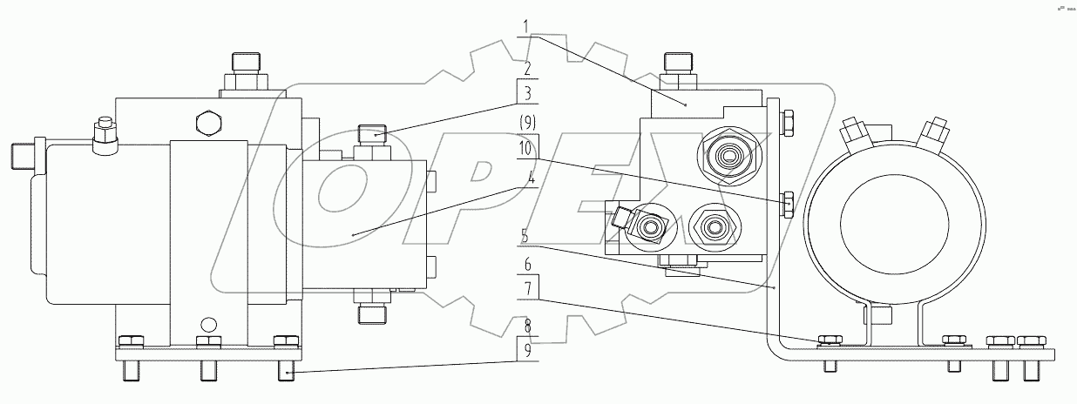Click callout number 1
pos(526,26)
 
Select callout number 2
pos(527,69)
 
